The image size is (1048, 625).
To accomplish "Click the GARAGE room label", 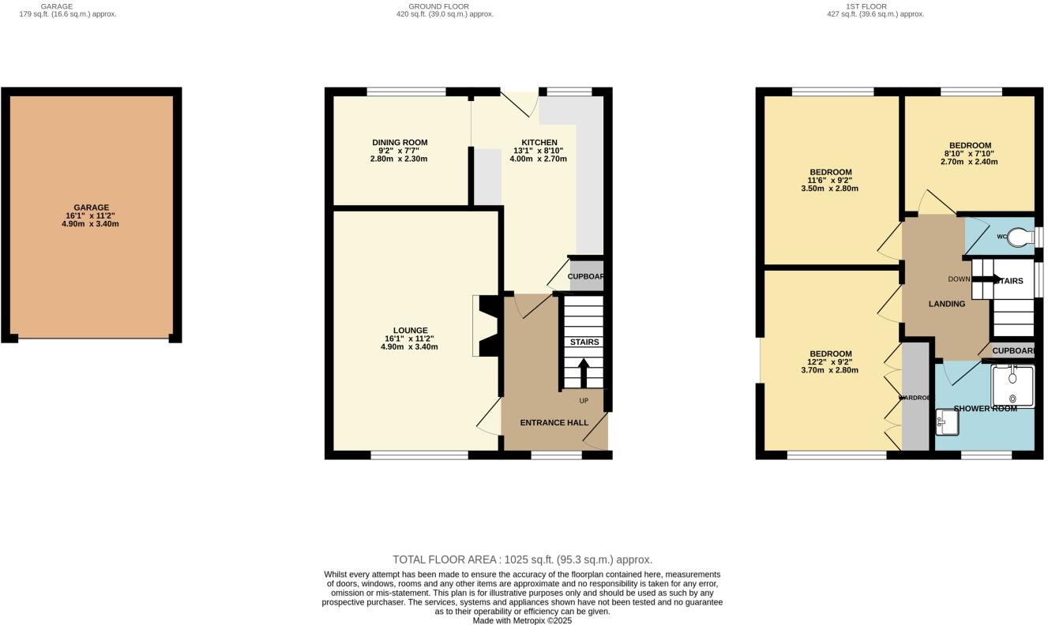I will pos(92,208).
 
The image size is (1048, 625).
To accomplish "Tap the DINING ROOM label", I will pos(399,143).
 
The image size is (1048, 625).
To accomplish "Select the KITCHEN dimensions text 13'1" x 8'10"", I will pos(539,151).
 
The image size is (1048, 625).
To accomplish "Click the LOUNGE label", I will pos(410,331).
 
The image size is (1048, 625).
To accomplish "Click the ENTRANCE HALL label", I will pos(554,423).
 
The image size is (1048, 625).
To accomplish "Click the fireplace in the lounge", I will pos(486,326).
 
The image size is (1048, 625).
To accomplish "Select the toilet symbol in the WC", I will pos(1024,236).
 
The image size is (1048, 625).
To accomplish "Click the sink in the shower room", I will pos(946,422).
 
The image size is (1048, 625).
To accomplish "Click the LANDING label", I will pos(946,304).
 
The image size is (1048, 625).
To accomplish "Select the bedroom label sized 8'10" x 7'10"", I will pos(969,145).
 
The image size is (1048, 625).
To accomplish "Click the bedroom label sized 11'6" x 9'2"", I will pos(830,172).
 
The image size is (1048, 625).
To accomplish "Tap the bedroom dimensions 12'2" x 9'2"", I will pos(830,362).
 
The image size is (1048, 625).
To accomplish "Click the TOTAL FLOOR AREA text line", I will pos(522,560).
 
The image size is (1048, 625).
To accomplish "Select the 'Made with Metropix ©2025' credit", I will pos(522,620).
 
